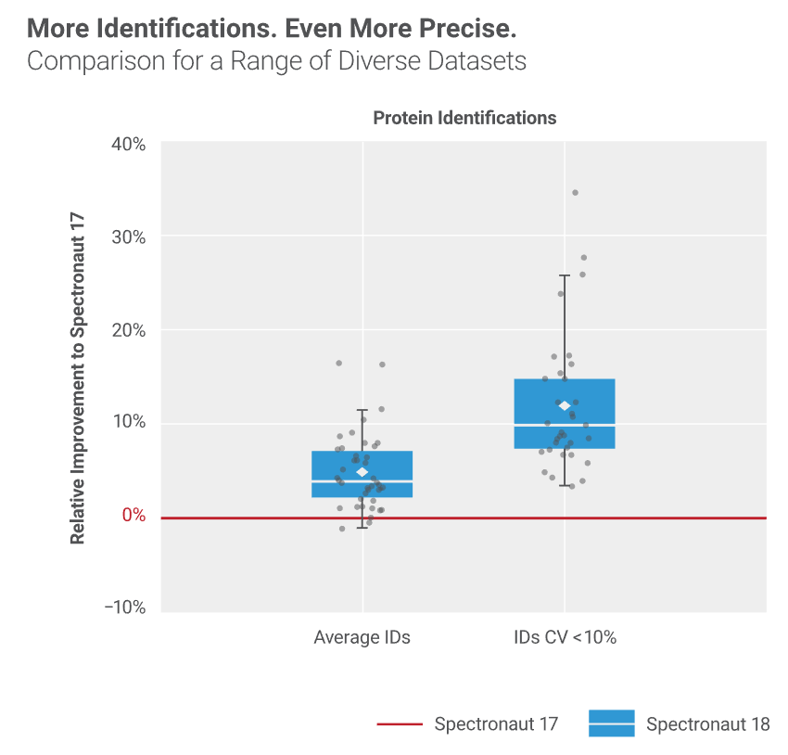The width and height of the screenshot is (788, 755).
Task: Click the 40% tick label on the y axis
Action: tap(129, 145)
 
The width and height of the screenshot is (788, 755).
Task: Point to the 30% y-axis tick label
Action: tap(129, 237)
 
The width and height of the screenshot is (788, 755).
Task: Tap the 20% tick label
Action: tap(129, 330)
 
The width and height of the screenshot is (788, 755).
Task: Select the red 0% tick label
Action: tap(134, 515)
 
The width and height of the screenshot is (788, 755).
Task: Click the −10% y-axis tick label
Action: tap(125, 608)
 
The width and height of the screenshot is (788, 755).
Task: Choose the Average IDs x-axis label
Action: tap(362, 637)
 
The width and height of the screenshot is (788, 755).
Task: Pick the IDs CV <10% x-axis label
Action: tap(565, 637)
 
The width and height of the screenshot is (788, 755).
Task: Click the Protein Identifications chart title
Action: tap(464, 118)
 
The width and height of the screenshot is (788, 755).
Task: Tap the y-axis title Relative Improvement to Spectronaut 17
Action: tap(77, 378)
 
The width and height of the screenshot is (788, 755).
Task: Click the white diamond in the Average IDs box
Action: tap(362, 472)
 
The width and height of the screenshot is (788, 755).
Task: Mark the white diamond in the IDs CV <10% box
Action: tap(565, 405)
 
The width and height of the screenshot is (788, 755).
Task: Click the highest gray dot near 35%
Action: tap(576, 193)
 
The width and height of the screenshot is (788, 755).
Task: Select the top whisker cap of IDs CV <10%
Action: tap(565, 275)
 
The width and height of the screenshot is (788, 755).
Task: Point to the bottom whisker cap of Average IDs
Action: tap(362, 528)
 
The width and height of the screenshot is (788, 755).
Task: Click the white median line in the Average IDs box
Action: tap(362, 481)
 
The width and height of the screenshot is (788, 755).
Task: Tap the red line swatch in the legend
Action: tap(400, 723)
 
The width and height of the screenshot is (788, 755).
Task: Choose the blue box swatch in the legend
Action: tap(612, 723)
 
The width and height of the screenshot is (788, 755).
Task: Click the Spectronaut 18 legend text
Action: tap(707, 724)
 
